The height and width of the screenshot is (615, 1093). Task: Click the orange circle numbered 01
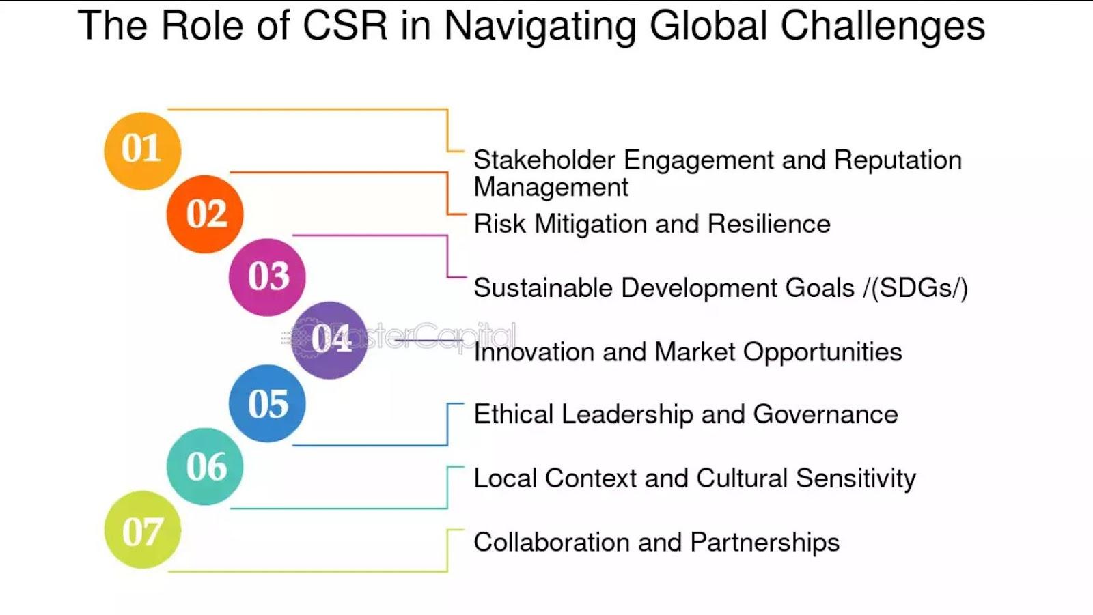click(x=143, y=151)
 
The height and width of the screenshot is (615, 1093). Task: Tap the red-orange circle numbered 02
click(x=205, y=214)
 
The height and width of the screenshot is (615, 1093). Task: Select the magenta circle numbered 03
click(x=267, y=277)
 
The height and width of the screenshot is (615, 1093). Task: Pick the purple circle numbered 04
click(x=329, y=340)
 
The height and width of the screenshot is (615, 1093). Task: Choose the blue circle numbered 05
click(x=267, y=403)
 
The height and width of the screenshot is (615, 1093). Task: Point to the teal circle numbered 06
click(x=205, y=467)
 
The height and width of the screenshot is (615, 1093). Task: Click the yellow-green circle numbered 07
click(x=143, y=530)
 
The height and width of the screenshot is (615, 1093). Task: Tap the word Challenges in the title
click(x=883, y=26)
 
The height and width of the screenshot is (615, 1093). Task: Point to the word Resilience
click(x=769, y=224)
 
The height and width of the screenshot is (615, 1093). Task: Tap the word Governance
click(x=825, y=414)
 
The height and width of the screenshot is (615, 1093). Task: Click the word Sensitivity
click(x=856, y=479)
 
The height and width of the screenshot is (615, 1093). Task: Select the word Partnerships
click(x=765, y=543)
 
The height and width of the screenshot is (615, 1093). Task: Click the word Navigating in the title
click(x=540, y=27)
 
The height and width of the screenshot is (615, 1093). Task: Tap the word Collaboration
click(x=551, y=543)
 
